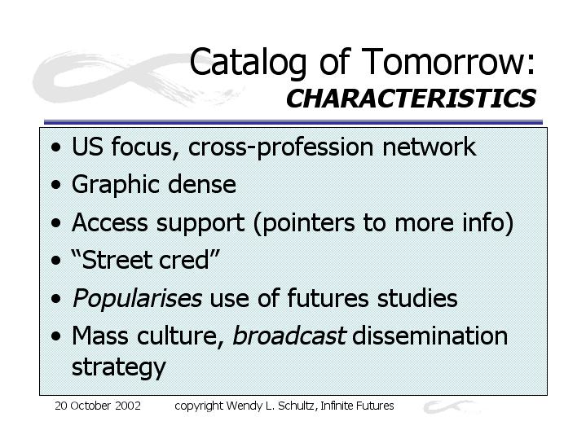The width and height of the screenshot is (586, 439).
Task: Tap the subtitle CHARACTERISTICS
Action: pyautogui.click(x=411, y=99)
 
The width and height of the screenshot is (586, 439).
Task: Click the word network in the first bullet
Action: pyautogui.click(x=429, y=147)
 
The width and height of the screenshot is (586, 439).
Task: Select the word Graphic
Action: pyautogui.click(x=116, y=186)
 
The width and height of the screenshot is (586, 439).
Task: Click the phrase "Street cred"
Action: pyautogui.click(x=145, y=260)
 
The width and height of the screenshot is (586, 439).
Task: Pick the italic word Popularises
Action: pyautogui.click(x=137, y=299)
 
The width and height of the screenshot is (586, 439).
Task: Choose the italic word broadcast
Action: pyautogui.click(x=289, y=335)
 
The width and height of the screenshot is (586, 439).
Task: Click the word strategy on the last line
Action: pyautogui.click(x=118, y=368)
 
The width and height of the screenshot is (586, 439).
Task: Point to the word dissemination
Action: pyautogui.click(x=430, y=335)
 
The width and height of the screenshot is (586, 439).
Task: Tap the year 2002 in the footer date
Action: pyautogui.click(x=128, y=406)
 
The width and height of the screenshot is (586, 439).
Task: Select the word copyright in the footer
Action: pyautogui.click(x=198, y=406)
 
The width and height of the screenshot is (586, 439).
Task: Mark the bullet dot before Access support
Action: pyautogui.click(x=56, y=223)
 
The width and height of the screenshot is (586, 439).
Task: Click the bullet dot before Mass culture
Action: pyautogui.click(x=56, y=336)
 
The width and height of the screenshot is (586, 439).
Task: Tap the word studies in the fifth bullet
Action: pyautogui.click(x=417, y=298)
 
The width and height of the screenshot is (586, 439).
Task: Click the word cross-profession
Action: pyautogui.click(x=280, y=147)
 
